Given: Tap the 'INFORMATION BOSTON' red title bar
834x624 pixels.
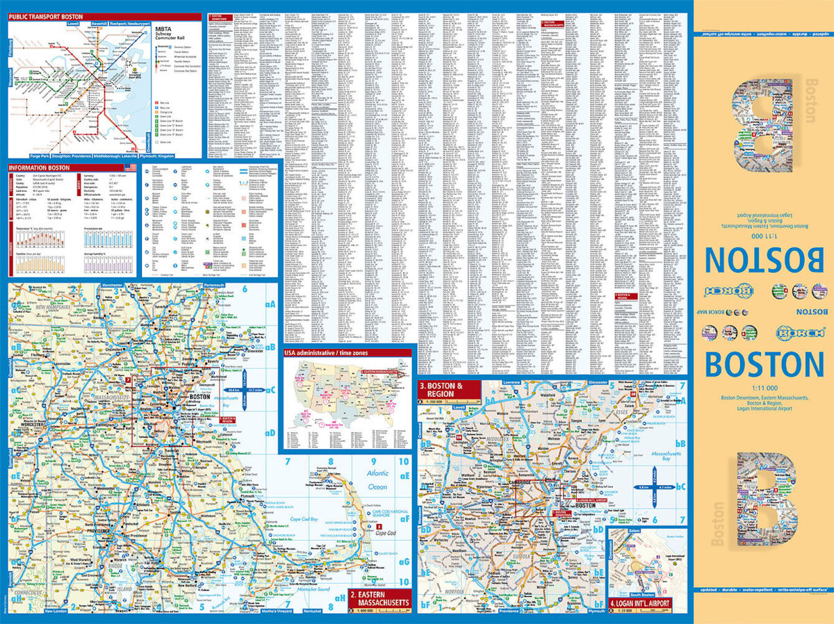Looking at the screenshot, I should tap(39, 167).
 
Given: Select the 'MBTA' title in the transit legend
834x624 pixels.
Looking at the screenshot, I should tap(163, 28).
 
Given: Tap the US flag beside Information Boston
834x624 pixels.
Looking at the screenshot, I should tap(129, 167).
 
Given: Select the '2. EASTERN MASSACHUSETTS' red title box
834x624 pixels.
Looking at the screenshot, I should tap(379, 599).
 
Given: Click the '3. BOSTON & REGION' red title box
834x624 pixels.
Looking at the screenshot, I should tap(449, 389).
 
